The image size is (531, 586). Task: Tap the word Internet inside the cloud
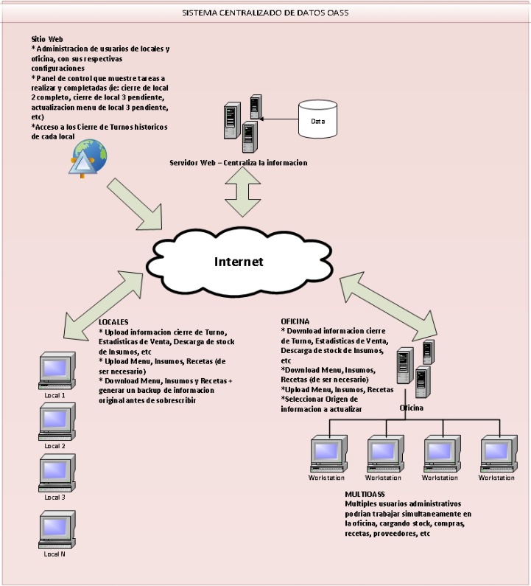239,262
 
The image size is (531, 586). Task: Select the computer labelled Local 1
56,372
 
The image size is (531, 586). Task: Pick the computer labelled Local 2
56,422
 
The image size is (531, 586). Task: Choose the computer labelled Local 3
56,474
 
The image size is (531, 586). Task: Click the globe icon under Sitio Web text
87,158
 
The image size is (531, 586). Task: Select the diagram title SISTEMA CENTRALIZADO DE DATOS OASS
264,13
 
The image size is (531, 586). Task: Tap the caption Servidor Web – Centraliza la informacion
238,162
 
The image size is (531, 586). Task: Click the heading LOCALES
114,322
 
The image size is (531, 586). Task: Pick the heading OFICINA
295,322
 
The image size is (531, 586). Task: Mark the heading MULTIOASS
365,494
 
